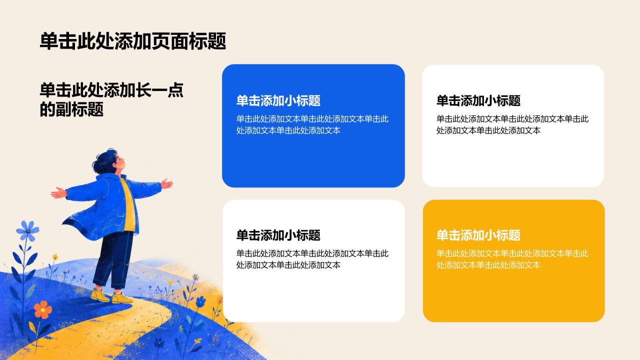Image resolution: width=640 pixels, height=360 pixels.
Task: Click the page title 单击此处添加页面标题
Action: pos(133,41)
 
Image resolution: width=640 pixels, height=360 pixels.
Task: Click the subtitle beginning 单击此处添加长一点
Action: pos(111,99)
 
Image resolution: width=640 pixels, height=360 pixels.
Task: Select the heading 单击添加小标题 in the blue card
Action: pos(278,100)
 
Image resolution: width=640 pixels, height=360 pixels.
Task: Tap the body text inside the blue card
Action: pos(312,124)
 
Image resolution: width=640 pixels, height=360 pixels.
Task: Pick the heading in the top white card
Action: pos(478,100)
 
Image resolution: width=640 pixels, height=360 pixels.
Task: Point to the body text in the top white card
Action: pos(512,124)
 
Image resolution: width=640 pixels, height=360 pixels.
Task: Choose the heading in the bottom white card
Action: pos(278,235)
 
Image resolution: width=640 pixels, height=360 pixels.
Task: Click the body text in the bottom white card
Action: pos(312,259)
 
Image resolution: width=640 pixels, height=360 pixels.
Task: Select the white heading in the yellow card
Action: pos(478,235)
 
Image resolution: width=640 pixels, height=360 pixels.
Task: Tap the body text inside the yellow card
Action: pos(512,259)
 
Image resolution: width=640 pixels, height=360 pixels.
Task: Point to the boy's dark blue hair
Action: pos(104,160)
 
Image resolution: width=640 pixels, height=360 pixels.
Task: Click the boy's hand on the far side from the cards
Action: pos(58,193)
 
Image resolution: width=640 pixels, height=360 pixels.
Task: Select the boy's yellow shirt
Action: pos(127,204)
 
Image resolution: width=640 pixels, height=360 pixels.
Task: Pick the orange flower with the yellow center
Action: pos(43,309)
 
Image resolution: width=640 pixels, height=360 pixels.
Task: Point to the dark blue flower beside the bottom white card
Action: pos(201,301)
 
